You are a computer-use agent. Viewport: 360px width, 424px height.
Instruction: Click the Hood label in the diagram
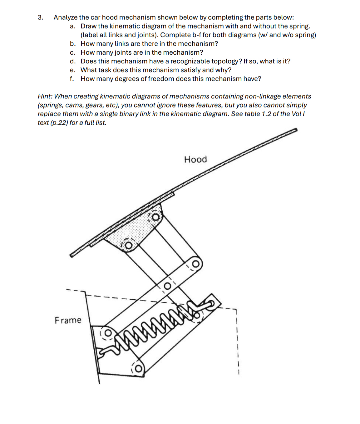click(x=195, y=159)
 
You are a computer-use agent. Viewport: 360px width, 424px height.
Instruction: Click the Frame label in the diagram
click(x=68, y=320)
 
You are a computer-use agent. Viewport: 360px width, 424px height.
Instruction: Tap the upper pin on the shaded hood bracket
click(x=156, y=217)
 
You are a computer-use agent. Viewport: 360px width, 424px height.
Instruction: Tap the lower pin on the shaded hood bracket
click(x=128, y=246)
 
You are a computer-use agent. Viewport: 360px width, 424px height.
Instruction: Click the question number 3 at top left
click(x=41, y=17)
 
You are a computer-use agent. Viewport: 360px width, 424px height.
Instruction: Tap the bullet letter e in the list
click(x=72, y=70)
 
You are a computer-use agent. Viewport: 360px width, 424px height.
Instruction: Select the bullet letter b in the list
click(x=72, y=44)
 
